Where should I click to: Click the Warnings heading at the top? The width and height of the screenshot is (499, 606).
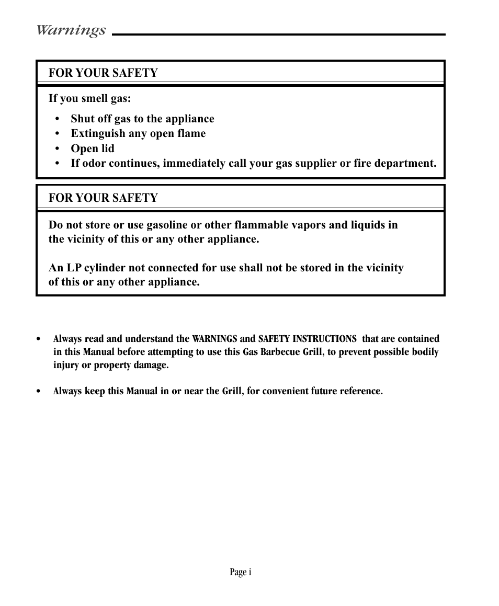point(71,30)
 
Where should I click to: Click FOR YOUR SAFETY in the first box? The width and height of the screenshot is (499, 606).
point(103,73)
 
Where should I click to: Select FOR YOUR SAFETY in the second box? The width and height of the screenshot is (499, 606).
point(103,198)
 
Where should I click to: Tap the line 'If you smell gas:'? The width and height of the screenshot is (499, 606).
point(89,98)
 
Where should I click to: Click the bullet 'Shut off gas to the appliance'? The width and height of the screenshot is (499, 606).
point(142,119)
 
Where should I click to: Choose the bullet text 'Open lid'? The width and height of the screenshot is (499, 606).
point(93,148)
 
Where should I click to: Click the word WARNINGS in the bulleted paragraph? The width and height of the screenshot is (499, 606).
point(214,339)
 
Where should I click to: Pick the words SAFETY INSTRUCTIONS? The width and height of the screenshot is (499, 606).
point(308,339)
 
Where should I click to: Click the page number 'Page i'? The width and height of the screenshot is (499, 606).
point(241,573)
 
